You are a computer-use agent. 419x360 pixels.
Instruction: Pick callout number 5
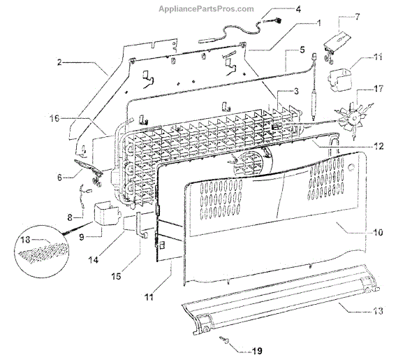pyautogui.click(x=302, y=50)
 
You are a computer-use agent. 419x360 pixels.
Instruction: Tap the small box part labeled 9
pyautogui.click(x=105, y=213)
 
